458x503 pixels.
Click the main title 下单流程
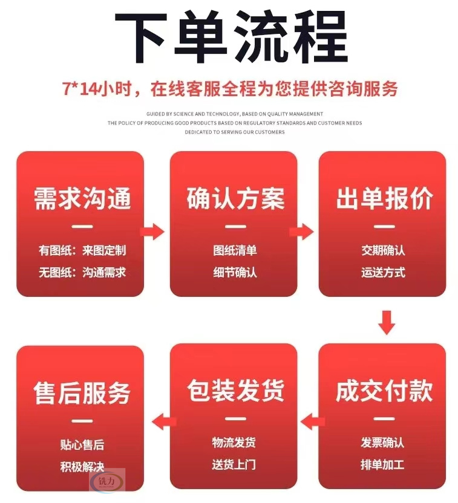231,36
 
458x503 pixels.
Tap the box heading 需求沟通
82,198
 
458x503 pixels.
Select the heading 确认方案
235,198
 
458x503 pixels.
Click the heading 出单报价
384,198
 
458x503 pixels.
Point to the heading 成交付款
384,391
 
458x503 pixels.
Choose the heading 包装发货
235,391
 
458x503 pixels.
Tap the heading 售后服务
82,393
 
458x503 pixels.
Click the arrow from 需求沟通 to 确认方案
152,232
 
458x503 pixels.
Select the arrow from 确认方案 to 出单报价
301,232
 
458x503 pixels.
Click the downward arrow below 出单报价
387,323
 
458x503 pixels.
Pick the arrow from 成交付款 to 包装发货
313,422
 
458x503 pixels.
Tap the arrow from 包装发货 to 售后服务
164,422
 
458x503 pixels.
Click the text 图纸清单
235,250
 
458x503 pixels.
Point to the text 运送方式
383,272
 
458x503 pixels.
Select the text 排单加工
382,464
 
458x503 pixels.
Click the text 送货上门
234,464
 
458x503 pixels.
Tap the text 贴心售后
82,445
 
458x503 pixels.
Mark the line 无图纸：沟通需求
82,272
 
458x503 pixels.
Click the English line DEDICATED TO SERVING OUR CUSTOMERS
235,132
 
